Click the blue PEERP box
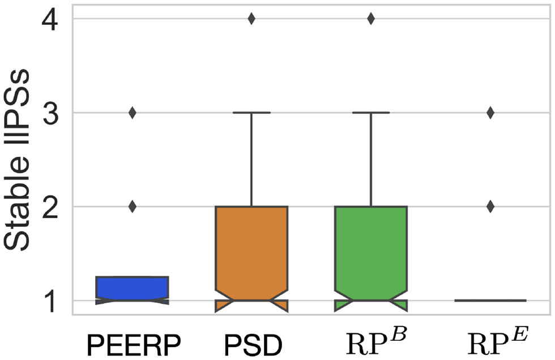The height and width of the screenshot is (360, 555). coord(133,288)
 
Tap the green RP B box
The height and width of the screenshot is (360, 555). coord(371,249)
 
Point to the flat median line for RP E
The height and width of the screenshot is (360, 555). coord(490,300)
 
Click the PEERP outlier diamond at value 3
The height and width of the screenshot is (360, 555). coord(133,113)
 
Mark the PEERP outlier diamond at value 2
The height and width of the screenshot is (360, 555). coord(133,207)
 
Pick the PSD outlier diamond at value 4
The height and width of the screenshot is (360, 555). coord(251,19)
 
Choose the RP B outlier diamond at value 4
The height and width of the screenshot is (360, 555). coord(371,19)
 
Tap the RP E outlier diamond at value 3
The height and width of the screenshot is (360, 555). coord(490,113)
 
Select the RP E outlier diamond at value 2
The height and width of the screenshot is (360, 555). coord(490,207)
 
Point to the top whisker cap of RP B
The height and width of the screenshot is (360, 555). coord(371,113)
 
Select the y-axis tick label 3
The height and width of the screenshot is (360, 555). coord(52,113)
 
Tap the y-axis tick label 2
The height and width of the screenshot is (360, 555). coord(52,207)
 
